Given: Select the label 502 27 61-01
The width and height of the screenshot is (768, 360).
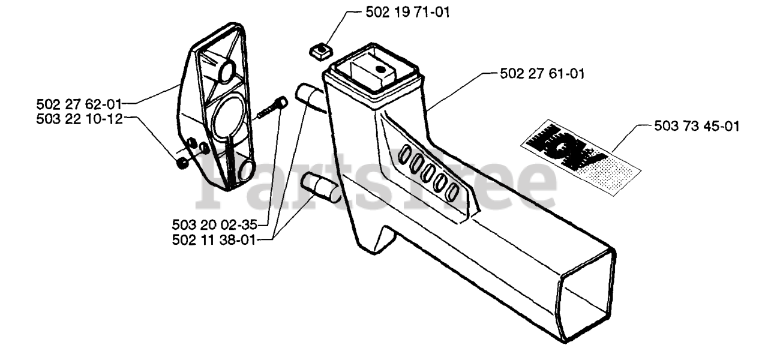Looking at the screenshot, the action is [x=542, y=74].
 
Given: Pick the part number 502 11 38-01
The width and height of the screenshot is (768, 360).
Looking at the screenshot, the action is [x=214, y=241].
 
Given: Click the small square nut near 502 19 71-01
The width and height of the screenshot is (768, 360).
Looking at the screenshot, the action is [x=323, y=50].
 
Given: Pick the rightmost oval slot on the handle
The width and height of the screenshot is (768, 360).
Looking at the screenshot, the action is [x=454, y=191].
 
